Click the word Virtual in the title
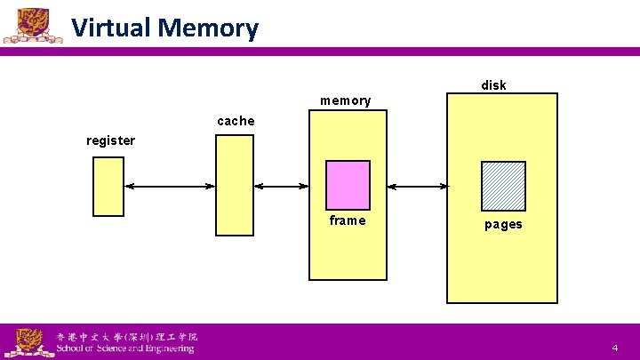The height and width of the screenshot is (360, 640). click(111, 28)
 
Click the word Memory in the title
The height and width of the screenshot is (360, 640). click(208, 28)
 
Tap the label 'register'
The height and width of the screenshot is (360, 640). click(110, 140)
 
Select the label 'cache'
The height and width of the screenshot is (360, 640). click(236, 121)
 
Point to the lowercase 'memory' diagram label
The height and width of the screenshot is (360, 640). click(345, 100)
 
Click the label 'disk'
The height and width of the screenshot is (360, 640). click(493, 85)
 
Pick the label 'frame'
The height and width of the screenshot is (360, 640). click(347, 220)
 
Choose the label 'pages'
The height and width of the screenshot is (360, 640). click(503, 224)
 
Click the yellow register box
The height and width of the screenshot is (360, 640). click(108, 187)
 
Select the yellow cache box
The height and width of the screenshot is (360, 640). click(235, 187)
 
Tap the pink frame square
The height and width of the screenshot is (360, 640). click(348, 185)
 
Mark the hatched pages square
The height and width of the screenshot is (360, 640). click(503, 186)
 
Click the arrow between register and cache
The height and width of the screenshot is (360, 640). click(170, 187)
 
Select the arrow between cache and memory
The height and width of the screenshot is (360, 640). click(281, 187)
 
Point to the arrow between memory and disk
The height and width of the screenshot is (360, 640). click(419, 187)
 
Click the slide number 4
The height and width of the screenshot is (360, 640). click(614, 348)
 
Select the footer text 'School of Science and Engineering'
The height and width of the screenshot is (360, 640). click(124, 348)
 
